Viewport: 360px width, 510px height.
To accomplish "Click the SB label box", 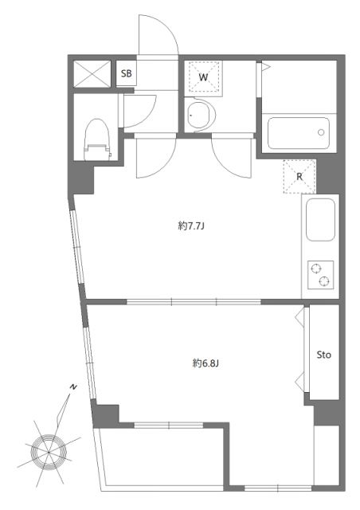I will pyautogui.click(x=127, y=74).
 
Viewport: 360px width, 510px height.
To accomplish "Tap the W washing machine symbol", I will pyautogui.click(x=203, y=77).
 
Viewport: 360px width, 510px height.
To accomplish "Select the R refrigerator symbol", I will pyautogui.click(x=299, y=177).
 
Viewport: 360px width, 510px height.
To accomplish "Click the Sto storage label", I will pyautogui.click(x=323, y=354).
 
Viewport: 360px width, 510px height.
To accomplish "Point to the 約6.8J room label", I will pyautogui.click(x=205, y=363).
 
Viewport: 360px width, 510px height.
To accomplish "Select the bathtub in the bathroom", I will pyautogui.click(x=298, y=132).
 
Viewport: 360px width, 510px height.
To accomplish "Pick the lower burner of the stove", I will pyautogui.click(x=323, y=281).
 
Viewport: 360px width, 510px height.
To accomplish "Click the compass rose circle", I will pyautogui.click(x=49, y=451).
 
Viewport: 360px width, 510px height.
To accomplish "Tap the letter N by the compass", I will pyautogui.click(x=72, y=386).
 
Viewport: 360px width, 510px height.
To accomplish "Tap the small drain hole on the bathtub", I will pyautogui.click(x=321, y=132).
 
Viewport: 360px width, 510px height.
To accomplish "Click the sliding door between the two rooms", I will pyautogui.click(x=194, y=301).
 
